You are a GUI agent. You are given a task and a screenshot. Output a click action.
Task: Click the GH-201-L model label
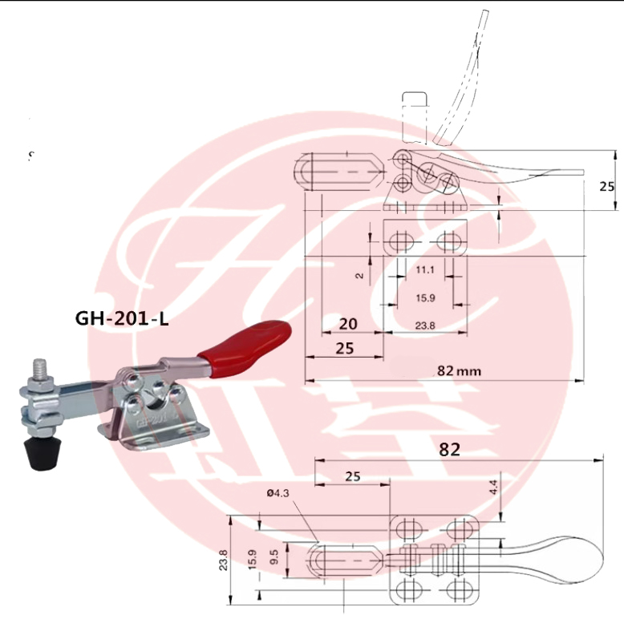point(122,318)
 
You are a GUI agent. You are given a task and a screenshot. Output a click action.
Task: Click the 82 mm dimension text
point(459,370)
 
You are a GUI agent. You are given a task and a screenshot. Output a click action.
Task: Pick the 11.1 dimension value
point(425,271)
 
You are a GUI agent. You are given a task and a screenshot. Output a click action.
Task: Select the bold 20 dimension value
point(347,325)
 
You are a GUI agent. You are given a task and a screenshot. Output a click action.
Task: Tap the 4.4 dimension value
point(494,486)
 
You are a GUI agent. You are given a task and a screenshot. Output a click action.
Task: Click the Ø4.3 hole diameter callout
point(278,493)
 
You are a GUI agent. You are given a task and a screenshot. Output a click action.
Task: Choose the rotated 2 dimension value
point(360,276)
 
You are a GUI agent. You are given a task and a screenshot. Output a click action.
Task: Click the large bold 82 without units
point(450,449)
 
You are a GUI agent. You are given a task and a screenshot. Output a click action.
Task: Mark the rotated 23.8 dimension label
point(224,559)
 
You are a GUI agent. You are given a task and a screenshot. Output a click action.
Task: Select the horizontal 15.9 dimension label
point(425,298)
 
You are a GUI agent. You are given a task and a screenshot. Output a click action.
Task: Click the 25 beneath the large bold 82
point(353,476)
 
